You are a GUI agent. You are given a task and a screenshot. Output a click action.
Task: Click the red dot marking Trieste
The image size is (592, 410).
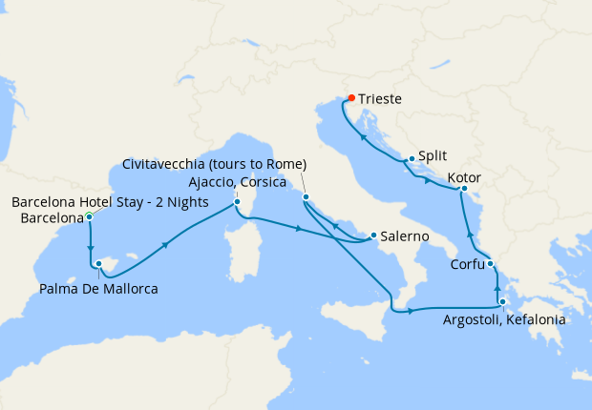coord(351,98)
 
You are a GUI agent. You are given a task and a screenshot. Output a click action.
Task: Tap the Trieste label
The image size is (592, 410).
coord(380,98)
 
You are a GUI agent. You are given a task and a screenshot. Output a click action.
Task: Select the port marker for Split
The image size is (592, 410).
coord(412,159)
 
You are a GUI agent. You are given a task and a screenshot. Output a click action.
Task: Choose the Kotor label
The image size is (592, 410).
coord(463,178)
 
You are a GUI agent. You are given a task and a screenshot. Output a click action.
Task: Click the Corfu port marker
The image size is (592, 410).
coord(490,264)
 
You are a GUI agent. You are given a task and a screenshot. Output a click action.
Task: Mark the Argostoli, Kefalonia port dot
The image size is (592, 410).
coord(502,302)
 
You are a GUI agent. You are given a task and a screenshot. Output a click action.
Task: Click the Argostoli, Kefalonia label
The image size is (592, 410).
coord(504,320)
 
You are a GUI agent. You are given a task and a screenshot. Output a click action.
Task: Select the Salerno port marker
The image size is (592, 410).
coord(372,236)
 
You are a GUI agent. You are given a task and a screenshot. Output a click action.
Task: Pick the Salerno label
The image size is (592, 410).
coord(403,236)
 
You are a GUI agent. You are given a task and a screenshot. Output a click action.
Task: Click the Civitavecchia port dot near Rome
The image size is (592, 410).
coord(306,197)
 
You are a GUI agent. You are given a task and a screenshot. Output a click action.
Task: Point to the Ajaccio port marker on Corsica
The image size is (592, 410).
coord(237,202)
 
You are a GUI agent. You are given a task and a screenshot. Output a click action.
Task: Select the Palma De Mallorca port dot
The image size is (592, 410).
coord(99,263)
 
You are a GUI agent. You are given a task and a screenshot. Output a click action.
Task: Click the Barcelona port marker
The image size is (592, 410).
coord(89,216)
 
